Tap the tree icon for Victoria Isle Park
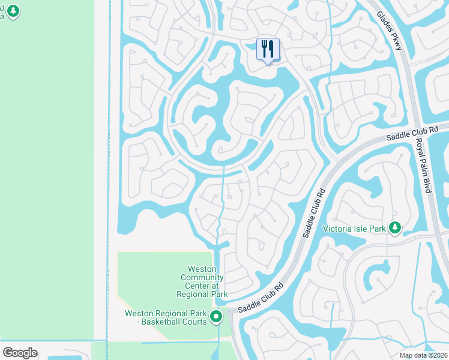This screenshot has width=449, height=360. click(394, 227)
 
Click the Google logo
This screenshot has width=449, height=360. click(20, 352)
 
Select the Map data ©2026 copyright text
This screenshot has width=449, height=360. click(423, 355)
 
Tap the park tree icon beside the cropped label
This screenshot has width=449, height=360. click(13, 11)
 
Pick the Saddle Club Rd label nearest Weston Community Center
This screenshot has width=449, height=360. click(259, 298)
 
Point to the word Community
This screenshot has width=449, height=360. click(202, 278)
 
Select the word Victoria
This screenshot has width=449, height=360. click(337, 228)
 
